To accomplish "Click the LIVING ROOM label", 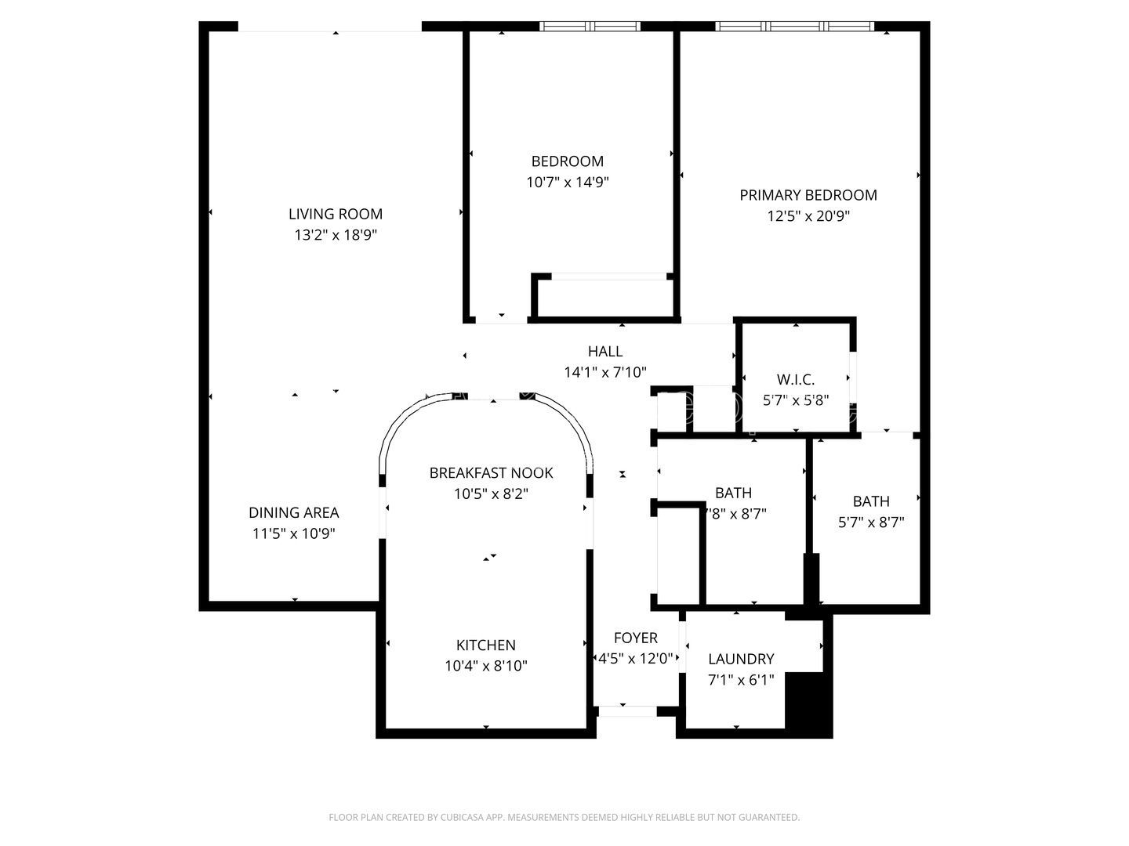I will coord(336,214).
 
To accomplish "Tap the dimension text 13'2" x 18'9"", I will coord(336,235).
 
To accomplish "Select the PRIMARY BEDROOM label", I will coord(808,195).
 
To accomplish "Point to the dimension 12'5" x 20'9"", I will coord(808,216).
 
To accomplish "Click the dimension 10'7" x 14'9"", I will coord(568,183).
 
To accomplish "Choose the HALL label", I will coord(605,352).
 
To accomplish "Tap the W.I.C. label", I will coord(796,380).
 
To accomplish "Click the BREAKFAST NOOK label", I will coord(491,473).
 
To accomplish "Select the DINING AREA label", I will coord(294,513).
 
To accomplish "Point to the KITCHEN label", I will coord(486,645).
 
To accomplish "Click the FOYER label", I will coord(636,638).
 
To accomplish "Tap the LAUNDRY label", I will coord(741,660).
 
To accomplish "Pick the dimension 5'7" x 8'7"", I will coord(871,522).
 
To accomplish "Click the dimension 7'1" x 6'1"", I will coord(741,680).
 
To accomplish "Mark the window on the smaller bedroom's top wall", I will coord(590,27).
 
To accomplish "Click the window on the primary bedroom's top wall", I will coord(795,27).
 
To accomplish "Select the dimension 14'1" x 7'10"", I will coord(605,373).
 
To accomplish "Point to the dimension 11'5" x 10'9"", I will coord(294,534).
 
